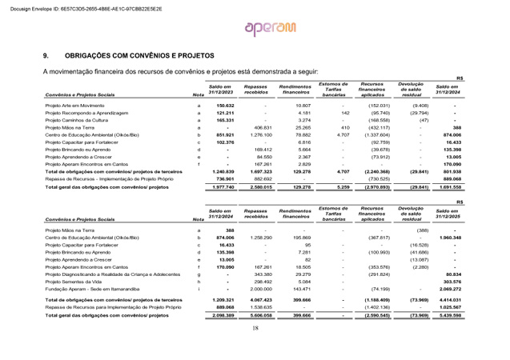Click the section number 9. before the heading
click(46, 57)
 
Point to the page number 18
click(255, 349)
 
